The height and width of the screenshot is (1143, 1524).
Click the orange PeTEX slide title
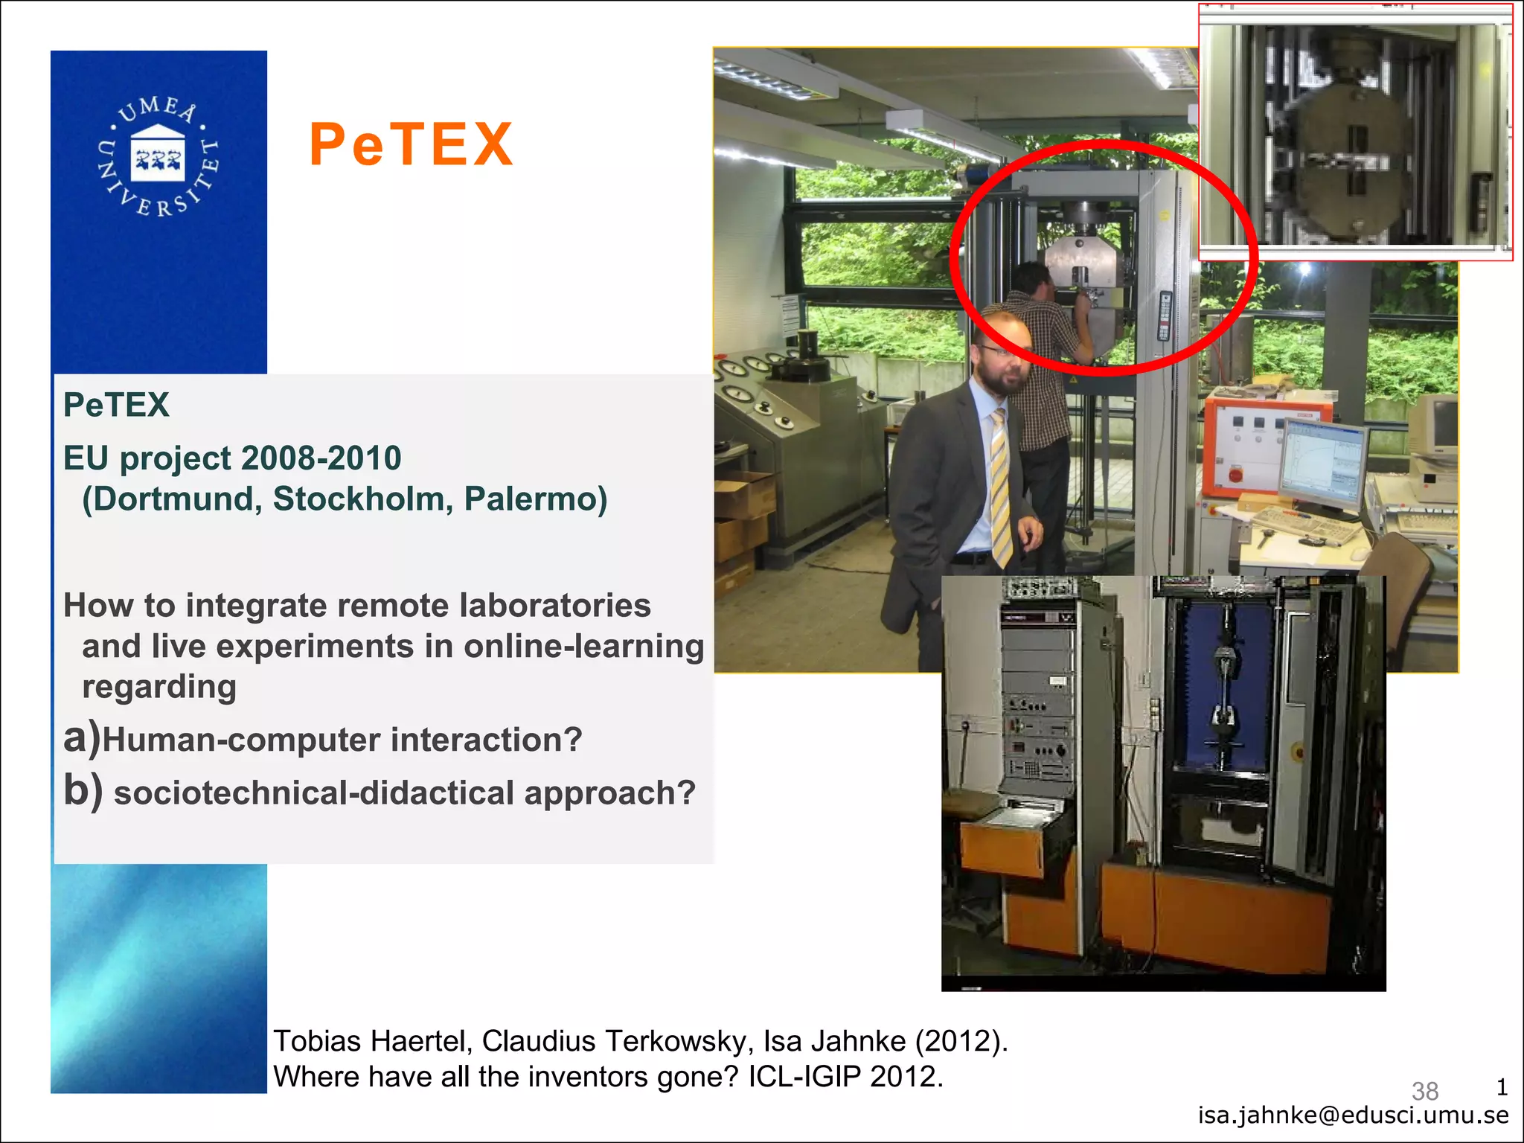[412, 144]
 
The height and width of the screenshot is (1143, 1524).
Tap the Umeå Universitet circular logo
[158, 156]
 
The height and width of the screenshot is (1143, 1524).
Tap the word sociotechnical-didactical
[313, 793]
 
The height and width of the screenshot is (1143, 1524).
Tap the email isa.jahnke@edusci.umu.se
[1353, 1115]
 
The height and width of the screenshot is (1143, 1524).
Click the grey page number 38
[1424, 1091]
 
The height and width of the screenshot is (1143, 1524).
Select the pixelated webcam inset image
[1354, 134]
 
